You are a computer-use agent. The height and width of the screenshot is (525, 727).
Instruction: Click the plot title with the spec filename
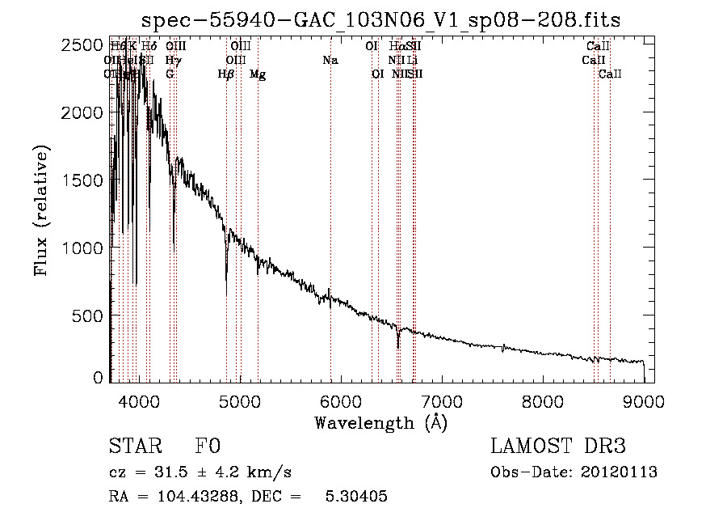(380, 20)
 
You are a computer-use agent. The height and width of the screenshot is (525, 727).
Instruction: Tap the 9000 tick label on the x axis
(644, 400)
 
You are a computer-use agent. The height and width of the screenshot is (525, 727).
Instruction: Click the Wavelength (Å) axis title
(380, 422)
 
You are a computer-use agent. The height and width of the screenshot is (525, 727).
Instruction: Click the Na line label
(330, 60)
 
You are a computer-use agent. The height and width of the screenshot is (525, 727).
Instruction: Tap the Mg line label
(258, 74)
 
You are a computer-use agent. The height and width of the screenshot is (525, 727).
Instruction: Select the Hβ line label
(226, 74)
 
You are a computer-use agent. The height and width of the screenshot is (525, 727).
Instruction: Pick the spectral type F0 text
(208, 447)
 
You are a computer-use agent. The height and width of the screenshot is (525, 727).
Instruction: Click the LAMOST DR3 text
(558, 447)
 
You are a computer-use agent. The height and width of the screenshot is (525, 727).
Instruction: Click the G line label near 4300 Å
(170, 74)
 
